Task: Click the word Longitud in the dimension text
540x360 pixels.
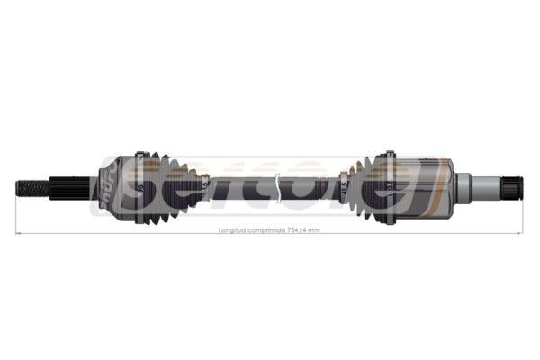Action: pos(233,230)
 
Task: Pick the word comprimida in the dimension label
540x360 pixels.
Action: pos(267,230)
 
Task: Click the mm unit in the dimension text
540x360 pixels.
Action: pos(314,230)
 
